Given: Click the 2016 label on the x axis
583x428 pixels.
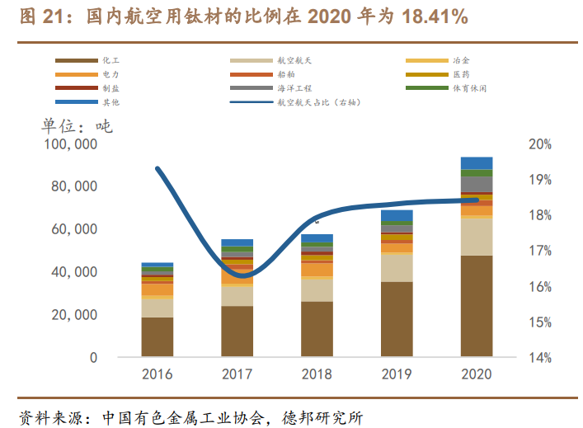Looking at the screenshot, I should [x=158, y=374].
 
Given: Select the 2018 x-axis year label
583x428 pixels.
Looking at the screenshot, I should [x=317, y=374].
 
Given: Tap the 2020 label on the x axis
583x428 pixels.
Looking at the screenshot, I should [x=476, y=374].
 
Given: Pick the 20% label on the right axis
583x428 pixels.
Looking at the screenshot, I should [x=539, y=144].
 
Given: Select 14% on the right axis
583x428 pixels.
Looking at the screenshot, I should [x=539, y=358].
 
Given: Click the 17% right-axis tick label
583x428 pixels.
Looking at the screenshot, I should [x=539, y=251].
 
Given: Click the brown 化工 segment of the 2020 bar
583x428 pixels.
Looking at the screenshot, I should [x=476, y=306].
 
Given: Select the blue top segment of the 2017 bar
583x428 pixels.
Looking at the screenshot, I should [x=237, y=243].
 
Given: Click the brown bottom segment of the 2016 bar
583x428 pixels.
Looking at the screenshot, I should [x=158, y=337].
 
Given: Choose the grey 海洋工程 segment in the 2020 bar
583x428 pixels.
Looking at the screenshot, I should [x=476, y=184].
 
